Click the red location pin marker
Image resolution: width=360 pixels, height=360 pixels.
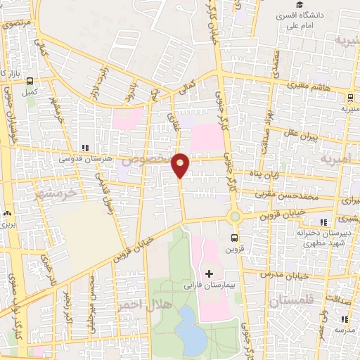point(181,165)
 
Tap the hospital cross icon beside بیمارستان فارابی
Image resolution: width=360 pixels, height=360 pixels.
point(208,273)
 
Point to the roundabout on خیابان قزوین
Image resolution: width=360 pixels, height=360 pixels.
point(235,218)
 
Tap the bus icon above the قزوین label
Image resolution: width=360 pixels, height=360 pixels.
point(234,238)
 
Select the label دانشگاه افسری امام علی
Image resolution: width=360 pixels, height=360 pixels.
point(303,19)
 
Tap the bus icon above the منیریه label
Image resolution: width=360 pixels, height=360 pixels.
point(351,98)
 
